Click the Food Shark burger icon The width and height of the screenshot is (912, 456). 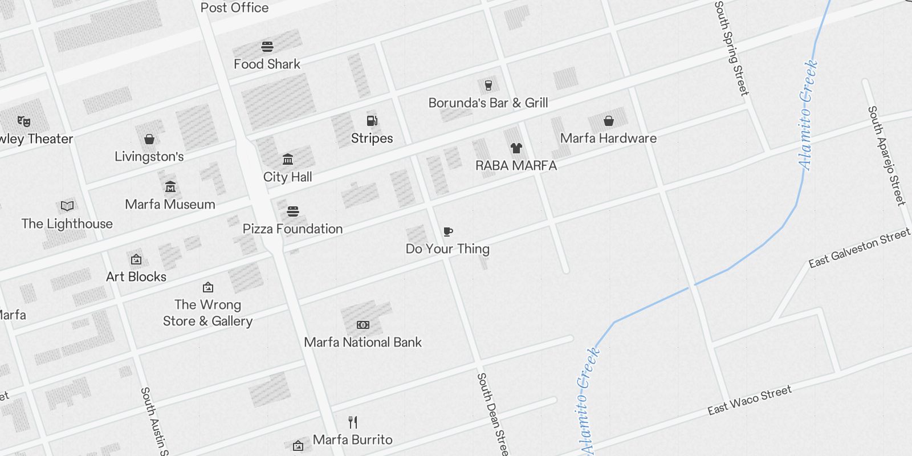(x=267, y=46)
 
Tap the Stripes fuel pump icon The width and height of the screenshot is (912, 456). (x=372, y=120)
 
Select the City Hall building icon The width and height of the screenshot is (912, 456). (x=288, y=159)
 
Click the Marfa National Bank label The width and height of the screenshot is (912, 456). (x=363, y=342)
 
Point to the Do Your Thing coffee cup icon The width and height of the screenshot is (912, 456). (x=448, y=231)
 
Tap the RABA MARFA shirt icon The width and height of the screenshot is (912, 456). (x=516, y=148)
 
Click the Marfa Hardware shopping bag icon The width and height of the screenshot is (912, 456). (x=609, y=121)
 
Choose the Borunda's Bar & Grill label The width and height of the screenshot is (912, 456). (x=488, y=103)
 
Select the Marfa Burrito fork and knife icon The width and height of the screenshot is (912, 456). (x=353, y=422)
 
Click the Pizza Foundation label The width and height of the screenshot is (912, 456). (x=292, y=229)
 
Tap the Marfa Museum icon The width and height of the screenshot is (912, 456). (x=170, y=186)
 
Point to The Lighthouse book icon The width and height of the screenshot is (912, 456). (x=67, y=206)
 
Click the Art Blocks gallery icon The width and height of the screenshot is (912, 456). (x=136, y=259)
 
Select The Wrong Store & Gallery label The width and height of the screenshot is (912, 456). (x=208, y=313)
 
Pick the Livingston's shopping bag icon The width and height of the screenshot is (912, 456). (x=149, y=139)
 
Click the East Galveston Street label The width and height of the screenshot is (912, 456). (x=859, y=248)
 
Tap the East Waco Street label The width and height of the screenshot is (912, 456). (x=749, y=400)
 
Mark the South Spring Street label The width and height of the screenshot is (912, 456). (x=731, y=48)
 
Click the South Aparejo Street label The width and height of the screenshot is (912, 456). (x=886, y=155)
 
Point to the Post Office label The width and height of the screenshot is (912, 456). (x=234, y=7)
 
